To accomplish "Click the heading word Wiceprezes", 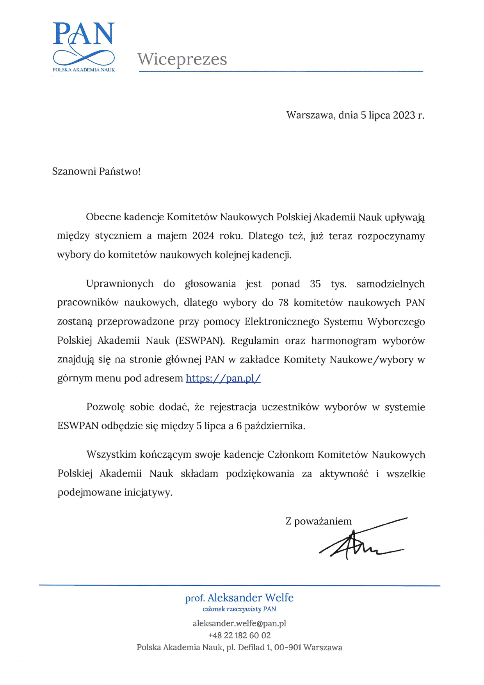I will point(182,59).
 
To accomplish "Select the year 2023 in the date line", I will point(404,115).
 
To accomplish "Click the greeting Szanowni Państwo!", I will point(96,171).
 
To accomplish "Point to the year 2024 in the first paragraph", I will point(203,236).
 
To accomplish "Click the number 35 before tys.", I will point(315,284).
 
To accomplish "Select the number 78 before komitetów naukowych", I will point(283,303).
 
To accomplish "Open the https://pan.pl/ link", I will point(223,378).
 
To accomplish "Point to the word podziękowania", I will point(260,474).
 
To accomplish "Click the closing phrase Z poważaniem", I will point(319,521).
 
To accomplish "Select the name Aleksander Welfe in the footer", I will point(250,598).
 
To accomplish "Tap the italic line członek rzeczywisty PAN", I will point(239,609).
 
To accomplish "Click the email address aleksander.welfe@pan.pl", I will point(239,623).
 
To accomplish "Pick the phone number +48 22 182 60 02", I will point(239,635).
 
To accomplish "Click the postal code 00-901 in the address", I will point(288,648).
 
